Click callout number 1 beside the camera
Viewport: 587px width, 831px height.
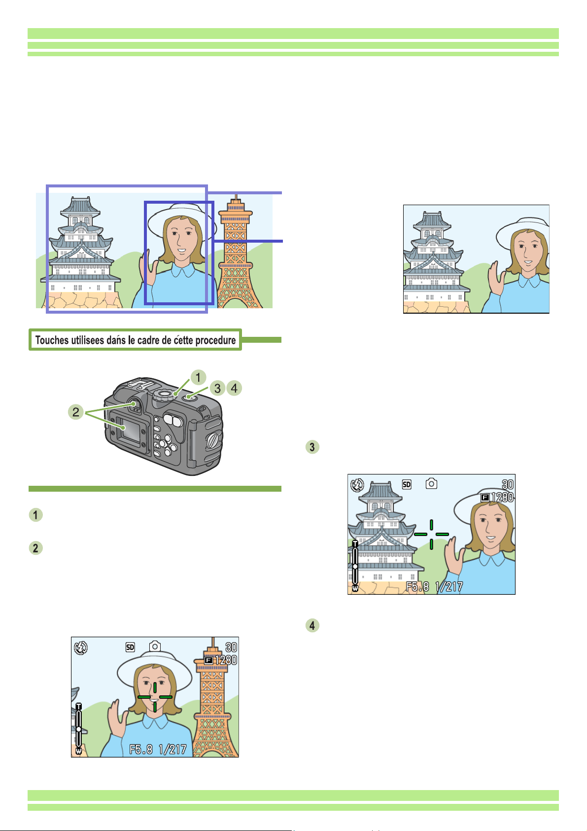point(198,378)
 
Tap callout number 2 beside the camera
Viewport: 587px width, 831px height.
point(76,412)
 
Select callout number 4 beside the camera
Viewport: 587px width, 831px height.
point(234,388)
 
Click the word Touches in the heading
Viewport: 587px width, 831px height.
point(51,340)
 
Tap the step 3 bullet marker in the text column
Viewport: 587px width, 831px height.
point(312,447)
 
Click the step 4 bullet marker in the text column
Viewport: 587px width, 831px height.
point(312,625)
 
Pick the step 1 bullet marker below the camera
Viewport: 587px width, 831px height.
point(35,515)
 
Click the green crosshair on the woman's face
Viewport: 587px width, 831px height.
point(155,697)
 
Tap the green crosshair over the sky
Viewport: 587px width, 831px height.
point(431,534)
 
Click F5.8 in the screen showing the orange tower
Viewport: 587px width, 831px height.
point(141,750)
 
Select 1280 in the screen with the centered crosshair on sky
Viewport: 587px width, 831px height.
point(502,497)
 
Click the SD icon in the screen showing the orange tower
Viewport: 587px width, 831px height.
point(130,647)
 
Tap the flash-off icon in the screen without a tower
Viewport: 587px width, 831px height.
point(356,485)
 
